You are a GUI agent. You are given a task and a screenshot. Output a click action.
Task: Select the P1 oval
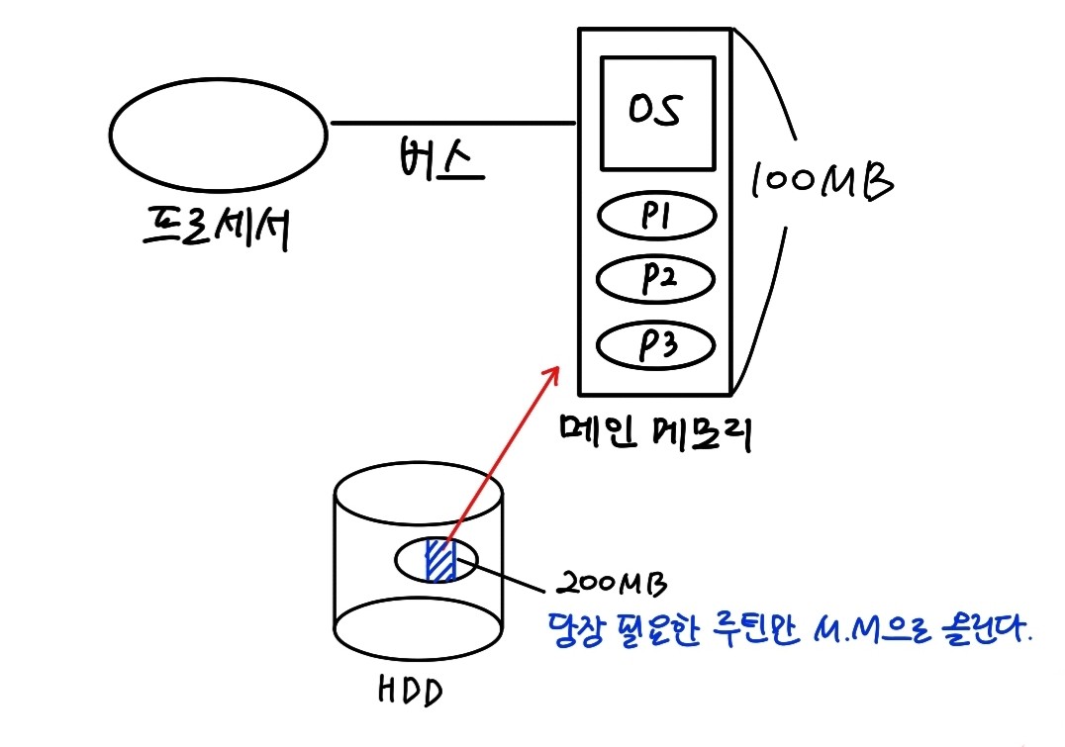[654, 218]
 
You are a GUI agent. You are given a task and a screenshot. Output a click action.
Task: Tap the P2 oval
[654, 280]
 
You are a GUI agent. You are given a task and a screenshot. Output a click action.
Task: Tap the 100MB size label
[822, 180]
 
